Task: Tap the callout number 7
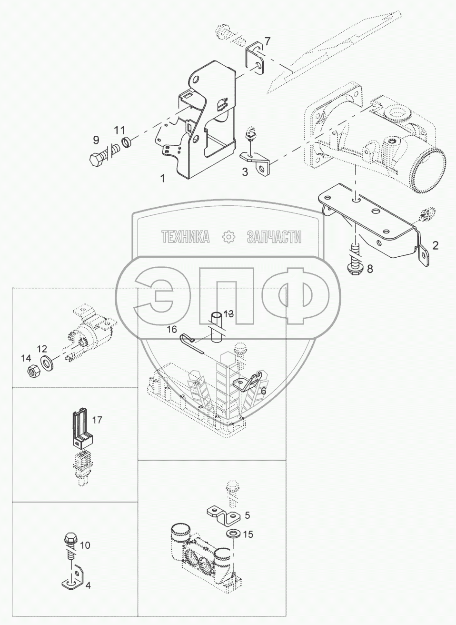click(268, 41)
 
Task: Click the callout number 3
click(245, 172)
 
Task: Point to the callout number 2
click(435, 246)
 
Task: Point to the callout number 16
click(171, 329)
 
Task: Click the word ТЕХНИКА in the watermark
click(186, 237)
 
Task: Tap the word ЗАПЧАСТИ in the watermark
click(274, 237)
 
